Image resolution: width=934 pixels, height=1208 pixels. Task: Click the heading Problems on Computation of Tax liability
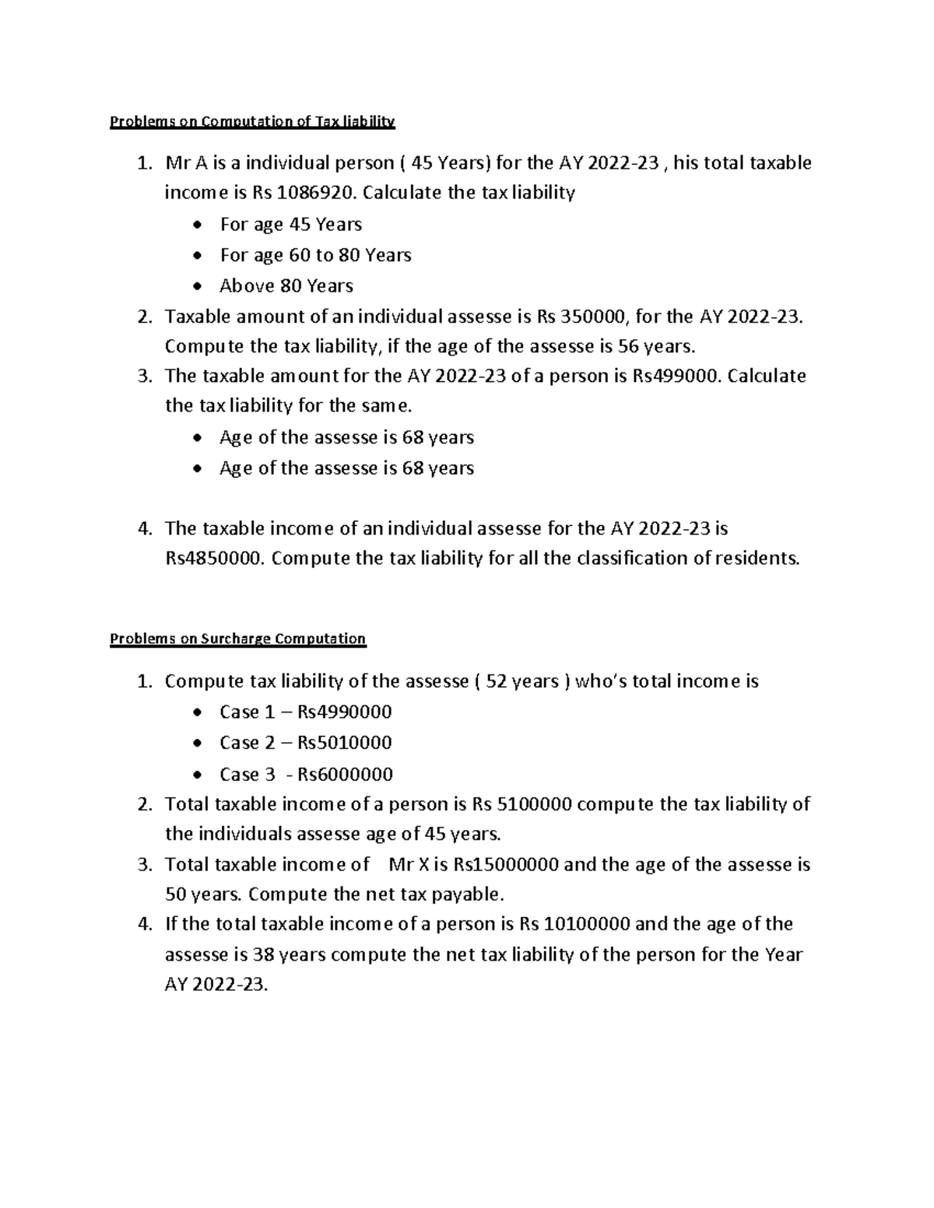(253, 122)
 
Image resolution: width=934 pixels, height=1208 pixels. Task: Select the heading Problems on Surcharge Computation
(237, 639)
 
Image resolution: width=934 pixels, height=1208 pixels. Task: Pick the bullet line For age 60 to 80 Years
(315, 255)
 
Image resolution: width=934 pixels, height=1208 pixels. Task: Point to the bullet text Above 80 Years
(286, 286)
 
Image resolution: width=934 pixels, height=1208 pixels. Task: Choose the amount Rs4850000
(216, 558)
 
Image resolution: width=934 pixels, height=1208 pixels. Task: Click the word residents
(757, 558)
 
